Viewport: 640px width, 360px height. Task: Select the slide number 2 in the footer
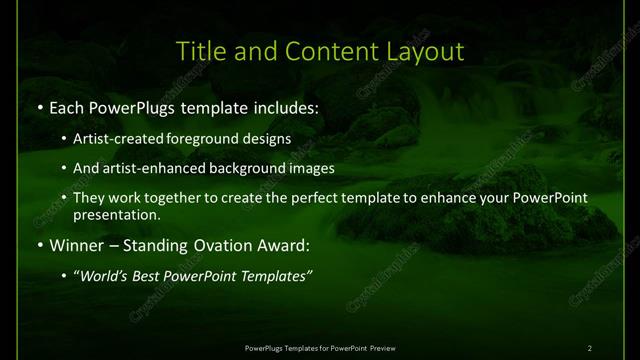[x=589, y=347]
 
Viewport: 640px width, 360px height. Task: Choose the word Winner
[x=77, y=244]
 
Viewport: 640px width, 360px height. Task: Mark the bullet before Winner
[x=38, y=244]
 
